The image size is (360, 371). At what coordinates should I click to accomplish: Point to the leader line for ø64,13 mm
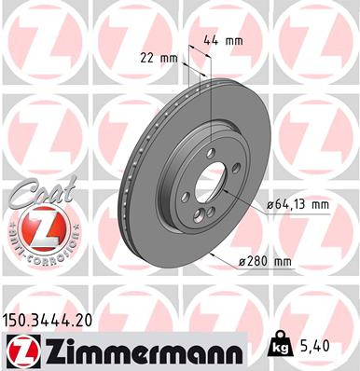tap(256, 200)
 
